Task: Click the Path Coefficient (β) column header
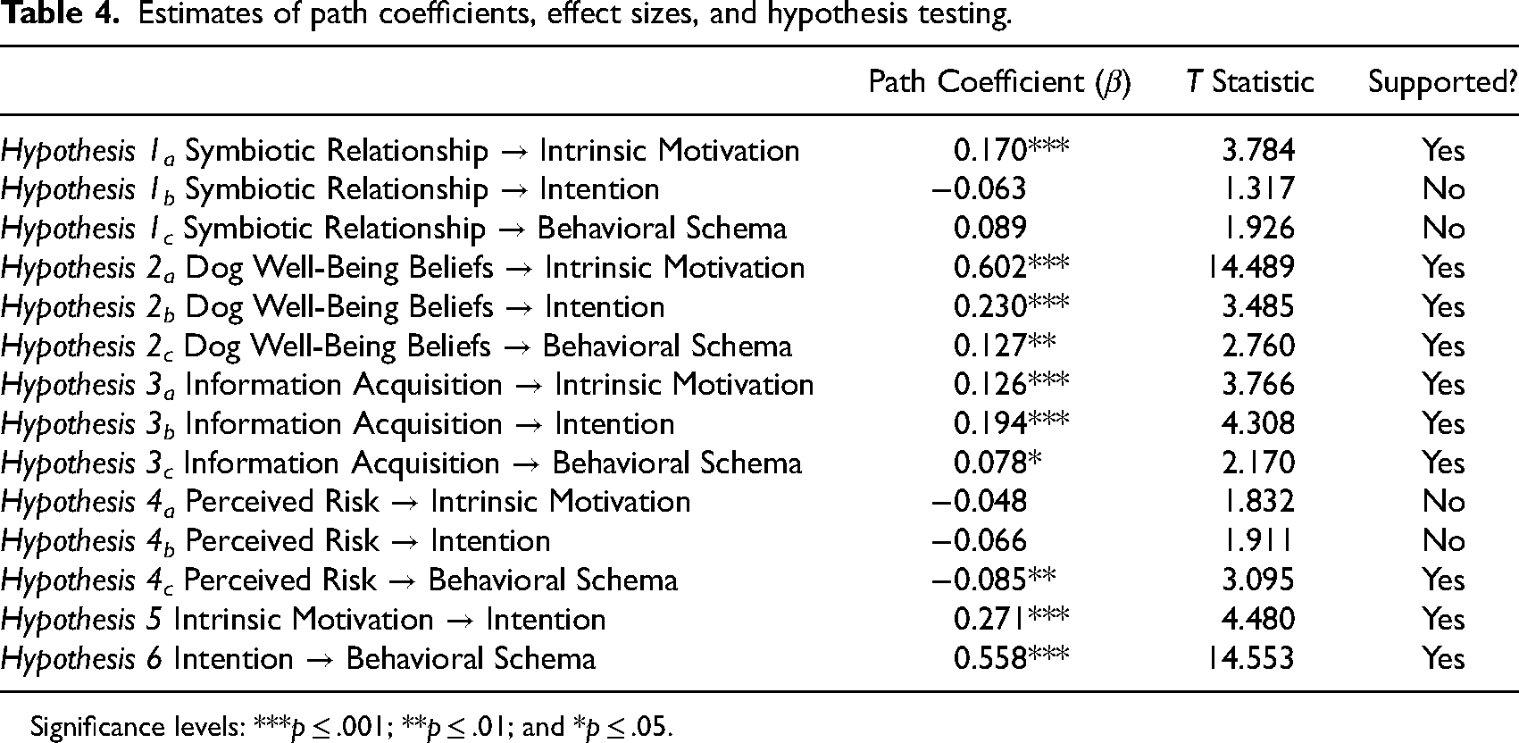[999, 83]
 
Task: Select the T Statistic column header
[1250, 82]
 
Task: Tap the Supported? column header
[1442, 83]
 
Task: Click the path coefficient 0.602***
[1011, 267]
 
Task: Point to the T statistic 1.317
[1258, 188]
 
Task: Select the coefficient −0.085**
[994, 580]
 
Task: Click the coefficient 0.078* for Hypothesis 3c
[997, 463]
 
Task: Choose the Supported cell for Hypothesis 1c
[1444, 228]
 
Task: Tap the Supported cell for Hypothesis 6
[1444, 658]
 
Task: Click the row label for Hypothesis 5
[303, 620]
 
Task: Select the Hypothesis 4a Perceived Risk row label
[346, 503]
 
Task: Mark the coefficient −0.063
[980, 188]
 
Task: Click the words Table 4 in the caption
[60, 13]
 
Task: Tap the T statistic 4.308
[1258, 423]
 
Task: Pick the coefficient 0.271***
[1011, 619]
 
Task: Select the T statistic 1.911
[1258, 541]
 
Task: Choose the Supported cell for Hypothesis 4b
[1444, 541]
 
